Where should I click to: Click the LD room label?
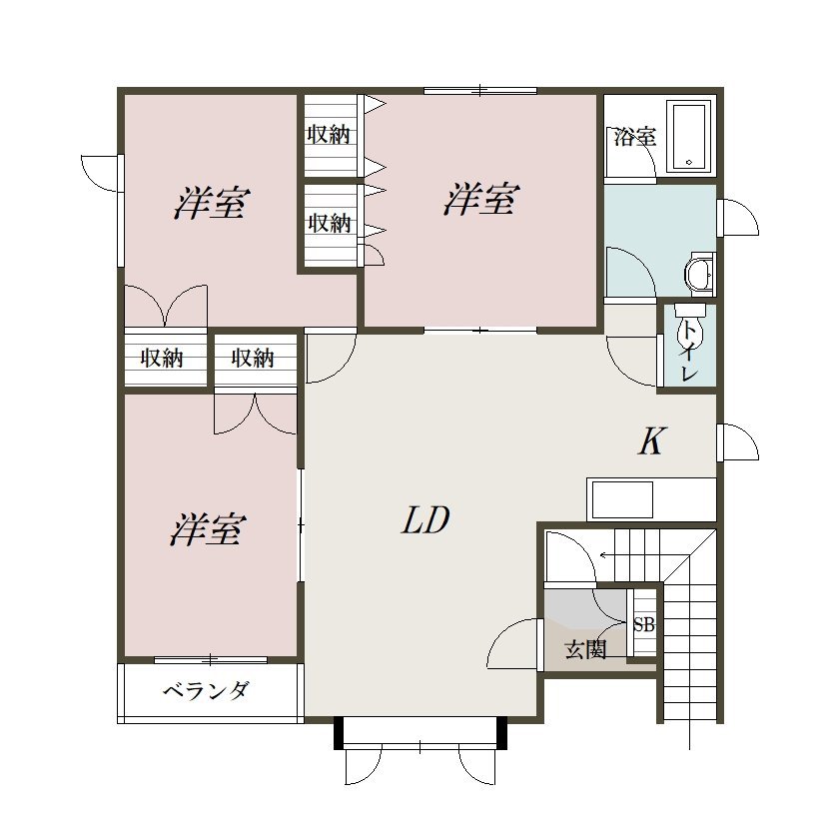[x=426, y=520]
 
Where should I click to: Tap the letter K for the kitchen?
[x=651, y=441]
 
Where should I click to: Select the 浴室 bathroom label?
[x=634, y=137]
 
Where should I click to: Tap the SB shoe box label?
[x=644, y=625]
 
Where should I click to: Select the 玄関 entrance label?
[x=586, y=650]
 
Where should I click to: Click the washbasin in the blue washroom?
[x=699, y=272]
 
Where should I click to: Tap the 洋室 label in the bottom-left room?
[x=208, y=529]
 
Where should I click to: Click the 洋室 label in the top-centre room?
[x=480, y=200]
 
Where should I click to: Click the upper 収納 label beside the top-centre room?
[x=329, y=136]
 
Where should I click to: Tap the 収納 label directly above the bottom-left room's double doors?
[x=254, y=358]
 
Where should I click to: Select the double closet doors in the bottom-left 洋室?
[x=256, y=414]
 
